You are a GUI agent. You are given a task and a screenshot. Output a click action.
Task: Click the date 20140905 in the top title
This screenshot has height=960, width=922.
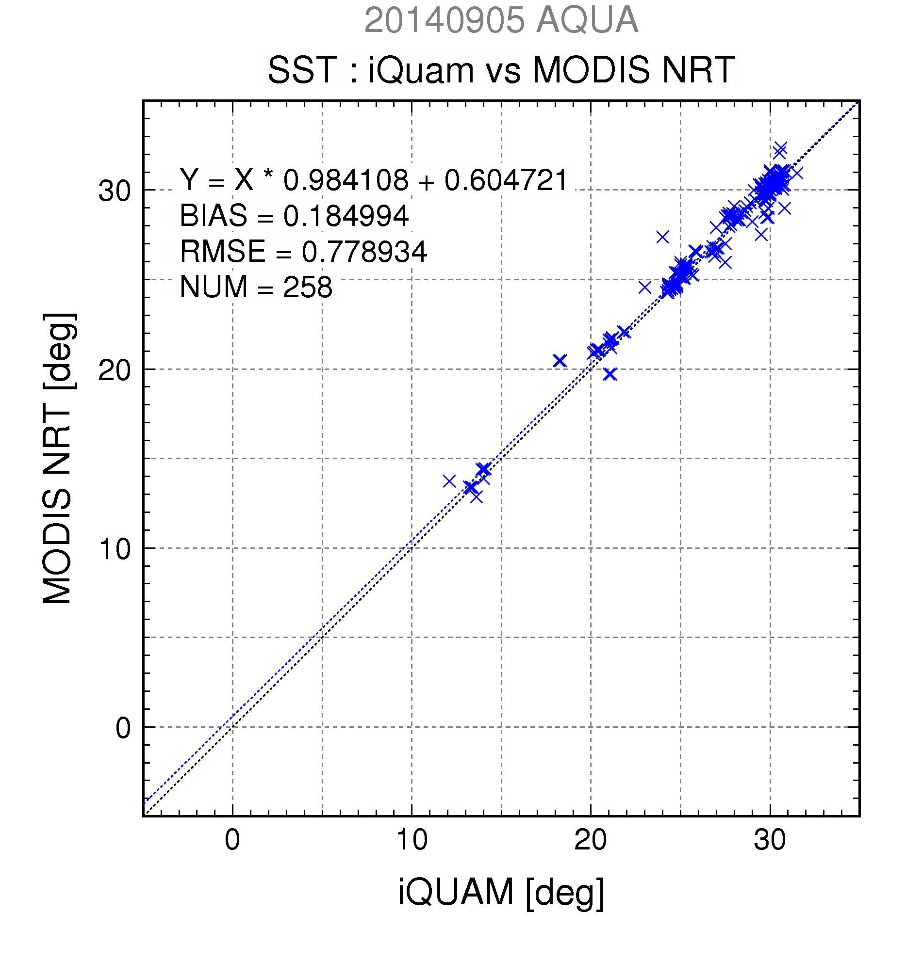coord(444,20)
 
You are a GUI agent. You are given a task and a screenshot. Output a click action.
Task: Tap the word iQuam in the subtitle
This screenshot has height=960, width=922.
coord(421,70)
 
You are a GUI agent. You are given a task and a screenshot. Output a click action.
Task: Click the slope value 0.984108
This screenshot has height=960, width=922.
coord(346,180)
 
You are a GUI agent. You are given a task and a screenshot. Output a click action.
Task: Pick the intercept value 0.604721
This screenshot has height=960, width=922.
coord(506,180)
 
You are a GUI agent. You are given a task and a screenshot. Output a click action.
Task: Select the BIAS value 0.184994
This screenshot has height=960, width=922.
coord(346,215)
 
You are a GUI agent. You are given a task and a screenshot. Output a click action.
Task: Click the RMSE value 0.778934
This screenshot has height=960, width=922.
coord(364,252)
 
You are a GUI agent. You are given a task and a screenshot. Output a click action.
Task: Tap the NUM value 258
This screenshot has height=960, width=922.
coord(307,287)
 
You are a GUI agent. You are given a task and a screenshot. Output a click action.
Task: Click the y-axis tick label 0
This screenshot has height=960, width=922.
coord(123,728)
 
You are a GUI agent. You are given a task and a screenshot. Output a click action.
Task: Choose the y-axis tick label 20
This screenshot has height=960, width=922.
coord(115,370)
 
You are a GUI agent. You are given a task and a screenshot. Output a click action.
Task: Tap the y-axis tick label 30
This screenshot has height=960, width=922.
coord(115,191)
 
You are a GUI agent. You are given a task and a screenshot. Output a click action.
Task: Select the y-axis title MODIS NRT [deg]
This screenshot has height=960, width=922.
coord(58,458)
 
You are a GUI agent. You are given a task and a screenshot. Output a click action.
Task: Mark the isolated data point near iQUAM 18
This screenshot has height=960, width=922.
coord(560,361)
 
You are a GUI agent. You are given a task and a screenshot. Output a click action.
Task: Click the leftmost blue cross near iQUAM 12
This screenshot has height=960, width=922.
coord(449,481)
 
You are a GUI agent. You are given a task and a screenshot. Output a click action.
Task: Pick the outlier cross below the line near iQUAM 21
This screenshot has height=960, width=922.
coord(609,374)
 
